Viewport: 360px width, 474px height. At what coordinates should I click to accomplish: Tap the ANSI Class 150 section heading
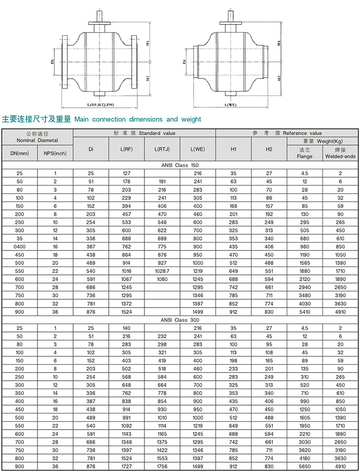point(180,165)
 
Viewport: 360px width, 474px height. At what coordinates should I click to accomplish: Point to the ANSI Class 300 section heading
point(180,320)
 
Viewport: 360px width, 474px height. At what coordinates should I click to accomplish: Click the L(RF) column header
point(126,149)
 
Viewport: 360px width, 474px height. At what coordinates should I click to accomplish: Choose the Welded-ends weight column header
point(340,153)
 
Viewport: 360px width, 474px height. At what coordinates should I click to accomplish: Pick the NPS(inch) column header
point(55,153)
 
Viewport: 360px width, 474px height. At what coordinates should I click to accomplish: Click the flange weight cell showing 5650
point(304,467)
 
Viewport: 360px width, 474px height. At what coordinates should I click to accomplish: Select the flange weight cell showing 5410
point(304,312)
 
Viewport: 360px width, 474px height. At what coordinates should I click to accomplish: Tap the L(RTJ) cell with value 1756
point(162,467)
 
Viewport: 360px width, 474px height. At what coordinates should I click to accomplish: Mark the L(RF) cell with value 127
point(126,173)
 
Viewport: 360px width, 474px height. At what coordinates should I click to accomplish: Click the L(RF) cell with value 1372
point(126,303)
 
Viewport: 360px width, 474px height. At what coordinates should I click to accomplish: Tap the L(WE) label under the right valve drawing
point(231,105)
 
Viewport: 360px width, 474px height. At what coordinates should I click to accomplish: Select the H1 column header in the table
point(233,149)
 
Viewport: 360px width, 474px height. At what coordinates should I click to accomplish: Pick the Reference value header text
point(302,133)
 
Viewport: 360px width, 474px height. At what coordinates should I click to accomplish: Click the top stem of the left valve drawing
point(100,15)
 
